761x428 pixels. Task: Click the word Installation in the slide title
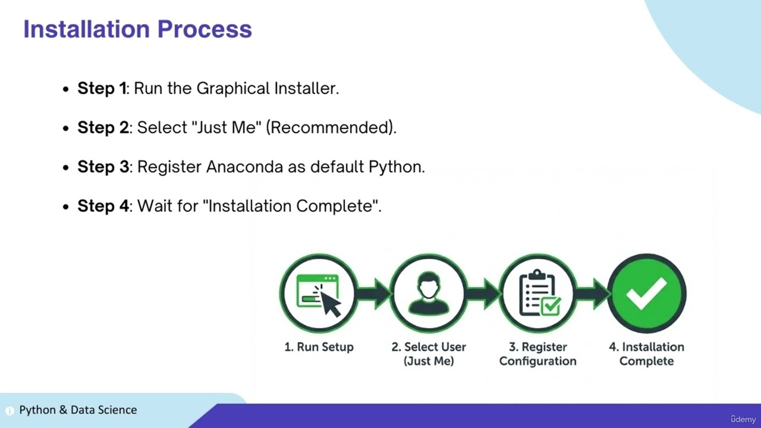[86, 29]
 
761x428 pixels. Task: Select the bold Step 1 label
[102, 89]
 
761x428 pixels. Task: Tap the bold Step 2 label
[103, 128]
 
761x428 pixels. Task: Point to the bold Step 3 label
[103, 167]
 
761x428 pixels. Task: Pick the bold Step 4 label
[103, 206]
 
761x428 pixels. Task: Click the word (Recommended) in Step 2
[331, 128]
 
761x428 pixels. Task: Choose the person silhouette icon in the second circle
[429, 293]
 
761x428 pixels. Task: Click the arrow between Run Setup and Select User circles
[374, 293]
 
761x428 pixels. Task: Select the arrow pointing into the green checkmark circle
[592, 293]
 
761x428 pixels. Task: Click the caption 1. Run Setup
[319, 347]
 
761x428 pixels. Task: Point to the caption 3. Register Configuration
[537, 354]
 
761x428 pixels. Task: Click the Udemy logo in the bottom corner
[743, 419]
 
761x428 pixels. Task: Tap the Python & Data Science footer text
[78, 410]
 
